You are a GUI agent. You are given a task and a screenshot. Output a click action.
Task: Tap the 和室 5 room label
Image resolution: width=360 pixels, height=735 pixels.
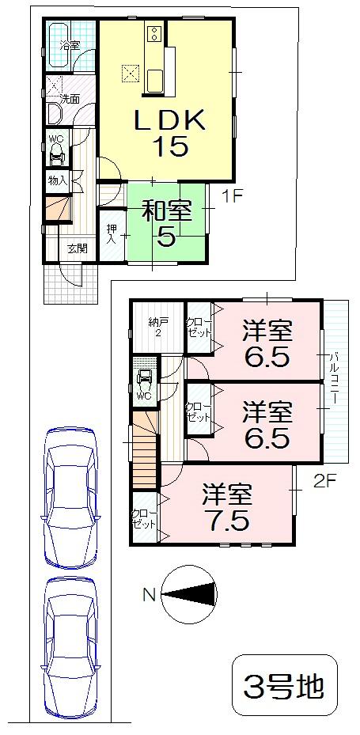coord(166,224)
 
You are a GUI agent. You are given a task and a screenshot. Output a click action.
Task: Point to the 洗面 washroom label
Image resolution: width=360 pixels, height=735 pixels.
coord(70,99)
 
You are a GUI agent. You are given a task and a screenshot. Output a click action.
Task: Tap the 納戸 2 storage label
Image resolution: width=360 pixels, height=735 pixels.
coord(157,327)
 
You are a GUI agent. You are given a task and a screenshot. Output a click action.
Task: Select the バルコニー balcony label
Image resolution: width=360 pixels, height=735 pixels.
coord(335,379)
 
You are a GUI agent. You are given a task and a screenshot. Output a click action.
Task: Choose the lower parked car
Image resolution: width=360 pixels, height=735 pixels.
coord(70,646)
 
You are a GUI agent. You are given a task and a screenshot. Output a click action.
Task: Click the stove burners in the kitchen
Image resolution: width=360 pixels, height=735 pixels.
coord(153,34)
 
